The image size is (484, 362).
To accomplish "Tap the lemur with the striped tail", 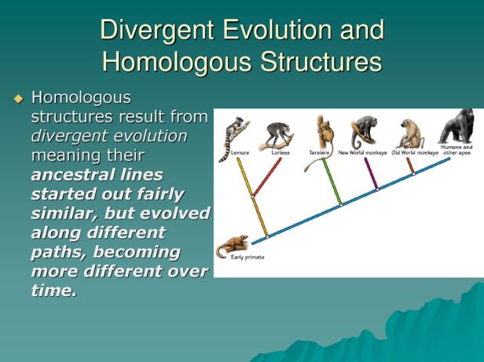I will [234, 133].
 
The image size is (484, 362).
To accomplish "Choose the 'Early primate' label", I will [248, 258].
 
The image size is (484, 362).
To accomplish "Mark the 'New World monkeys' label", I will [363, 152].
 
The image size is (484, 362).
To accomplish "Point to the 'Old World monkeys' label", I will [414, 152].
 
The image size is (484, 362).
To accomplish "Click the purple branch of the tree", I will [370, 173].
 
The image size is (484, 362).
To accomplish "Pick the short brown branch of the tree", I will [409, 165].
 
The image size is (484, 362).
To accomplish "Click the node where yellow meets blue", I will [266, 234].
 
